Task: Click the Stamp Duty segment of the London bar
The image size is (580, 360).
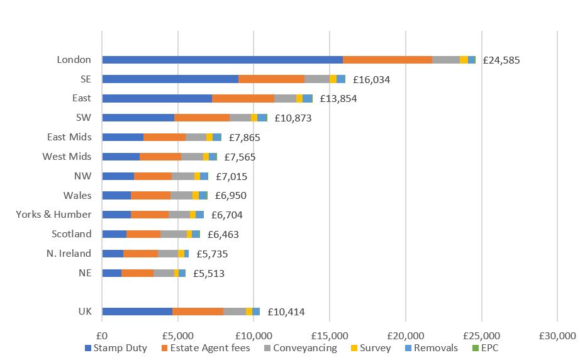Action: [x=222, y=60]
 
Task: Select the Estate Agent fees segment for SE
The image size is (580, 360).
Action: [x=271, y=79]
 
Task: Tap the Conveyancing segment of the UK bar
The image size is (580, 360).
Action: [x=234, y=312]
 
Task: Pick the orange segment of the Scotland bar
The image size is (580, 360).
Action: [x=143, y=234]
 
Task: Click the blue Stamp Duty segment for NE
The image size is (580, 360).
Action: [x=111, y=273]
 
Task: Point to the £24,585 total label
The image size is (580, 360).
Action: [x=501, y=60]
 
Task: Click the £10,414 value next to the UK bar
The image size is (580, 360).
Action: [x=286, y=312]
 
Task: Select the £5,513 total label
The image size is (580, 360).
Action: [x=208, y=273]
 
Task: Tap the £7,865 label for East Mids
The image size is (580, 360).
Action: [x=244, y=138]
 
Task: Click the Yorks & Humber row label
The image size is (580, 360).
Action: [x=53, y=215]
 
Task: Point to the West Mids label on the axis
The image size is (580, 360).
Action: [x=67, y=157]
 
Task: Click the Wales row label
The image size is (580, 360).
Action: [x=77, y=196]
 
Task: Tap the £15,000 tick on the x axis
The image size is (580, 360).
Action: [x=330, y=334]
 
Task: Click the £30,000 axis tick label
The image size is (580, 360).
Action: [x=557, y=334]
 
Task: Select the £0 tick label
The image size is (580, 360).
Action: [x=102, y=334]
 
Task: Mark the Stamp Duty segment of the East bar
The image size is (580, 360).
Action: [x=157, y=99]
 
